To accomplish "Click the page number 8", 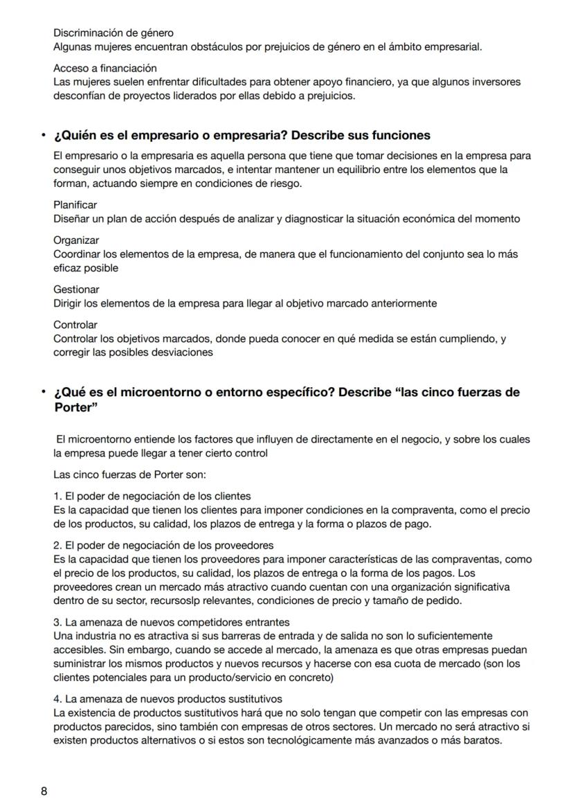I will pyautogui.click(x=44, y=791).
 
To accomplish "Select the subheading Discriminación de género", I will pyautogui.click(x=113, y=33).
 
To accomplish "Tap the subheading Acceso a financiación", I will pyautogui.click(x=105, y=68).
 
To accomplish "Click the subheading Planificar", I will pyautogui.click(x=75, y=205).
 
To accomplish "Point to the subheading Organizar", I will pyautogui.click(x=75, y=240).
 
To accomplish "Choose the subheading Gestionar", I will pyautogui.click(x=76, y=289).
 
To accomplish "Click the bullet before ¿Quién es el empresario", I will pyautogui.click(x=43, y=135).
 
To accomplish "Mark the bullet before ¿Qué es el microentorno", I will pyautogui.click(x=43, y=393).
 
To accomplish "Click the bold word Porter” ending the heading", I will pyautogui.click(x=75, y=407).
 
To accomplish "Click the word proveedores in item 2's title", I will pyautogui.click(x=246, y=545).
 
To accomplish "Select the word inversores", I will pyautogui.click(x=496, y=82).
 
